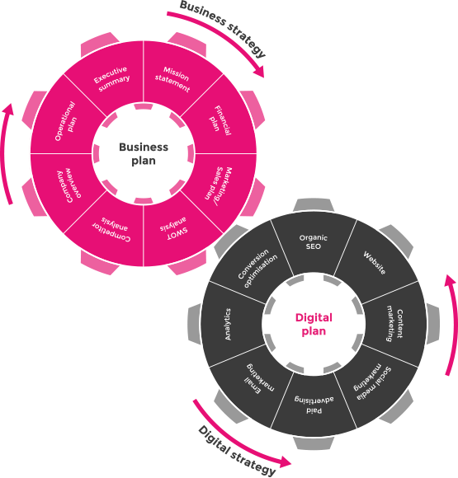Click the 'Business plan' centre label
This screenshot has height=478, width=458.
click(x=144, y=153)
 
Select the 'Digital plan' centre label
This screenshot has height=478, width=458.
click(x=314, y=324)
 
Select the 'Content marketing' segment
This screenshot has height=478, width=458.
click(x=394, y=326)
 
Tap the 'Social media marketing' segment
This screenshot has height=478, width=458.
click(x=372, y=382)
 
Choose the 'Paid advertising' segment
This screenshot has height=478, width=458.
click(x=314, y=405)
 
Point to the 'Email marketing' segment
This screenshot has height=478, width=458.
click(x=259, y=379)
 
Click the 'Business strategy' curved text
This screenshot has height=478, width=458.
click(x=223, y=27)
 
